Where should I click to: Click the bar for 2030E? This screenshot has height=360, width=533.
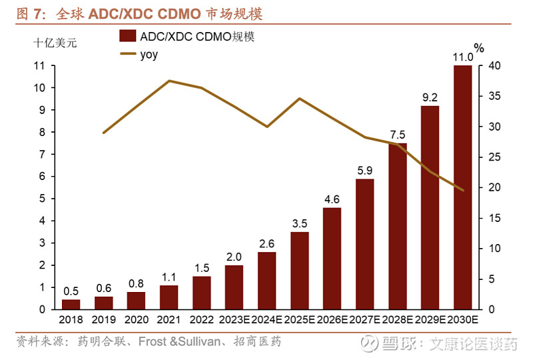[x=462, y=187]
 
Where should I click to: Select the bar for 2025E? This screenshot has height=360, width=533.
[x=299, y=271]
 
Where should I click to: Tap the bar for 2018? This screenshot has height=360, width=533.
[x=71, y=304]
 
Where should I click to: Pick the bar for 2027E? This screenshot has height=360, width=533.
[x=364, y=244]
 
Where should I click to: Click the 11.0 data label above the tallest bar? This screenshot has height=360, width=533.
[x=462, y=58]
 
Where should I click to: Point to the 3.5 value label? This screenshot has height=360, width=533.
[x=299, y=223]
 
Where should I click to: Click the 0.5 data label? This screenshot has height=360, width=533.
[x=71, y=291]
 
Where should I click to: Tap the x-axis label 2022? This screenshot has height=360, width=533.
[x=201, y=321]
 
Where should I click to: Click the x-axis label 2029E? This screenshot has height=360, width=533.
[x=430, y=321]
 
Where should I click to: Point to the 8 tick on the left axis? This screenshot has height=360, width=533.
[x=41, y=132]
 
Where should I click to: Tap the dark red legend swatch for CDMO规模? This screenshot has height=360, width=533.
[x=128, y=37]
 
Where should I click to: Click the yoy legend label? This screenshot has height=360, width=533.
[x=149, y=55]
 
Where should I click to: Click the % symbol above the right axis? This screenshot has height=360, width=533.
[x=478, y=48]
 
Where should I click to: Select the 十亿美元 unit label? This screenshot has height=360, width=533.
[x=55, y=43]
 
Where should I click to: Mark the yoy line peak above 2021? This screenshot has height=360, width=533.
[x=169, y=81]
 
